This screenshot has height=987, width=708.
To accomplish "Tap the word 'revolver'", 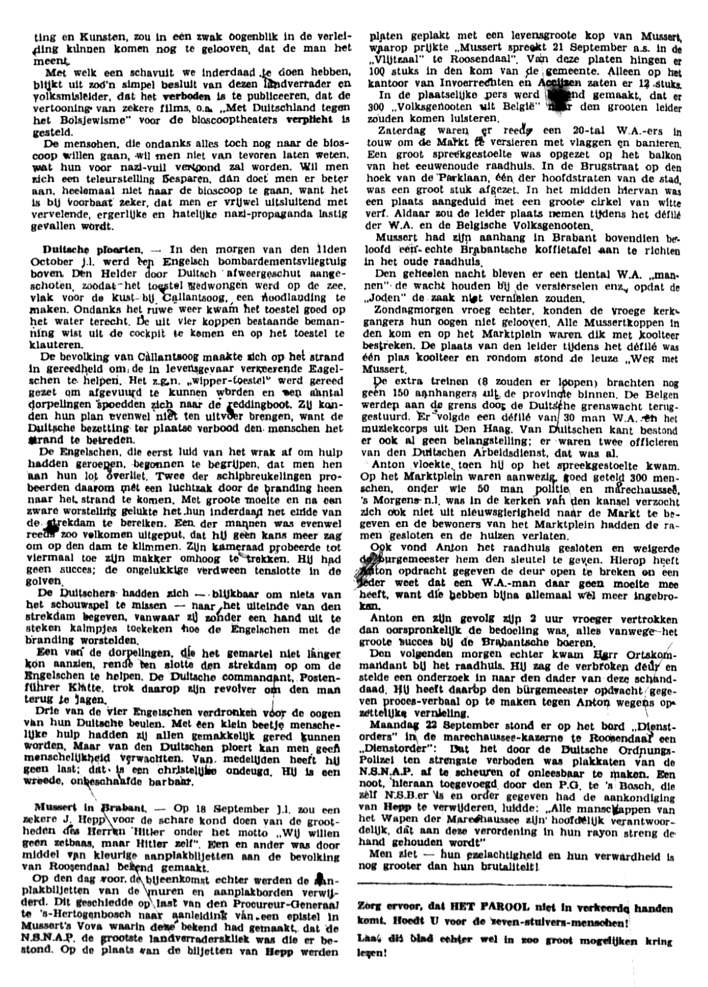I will (x=221, y=689).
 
